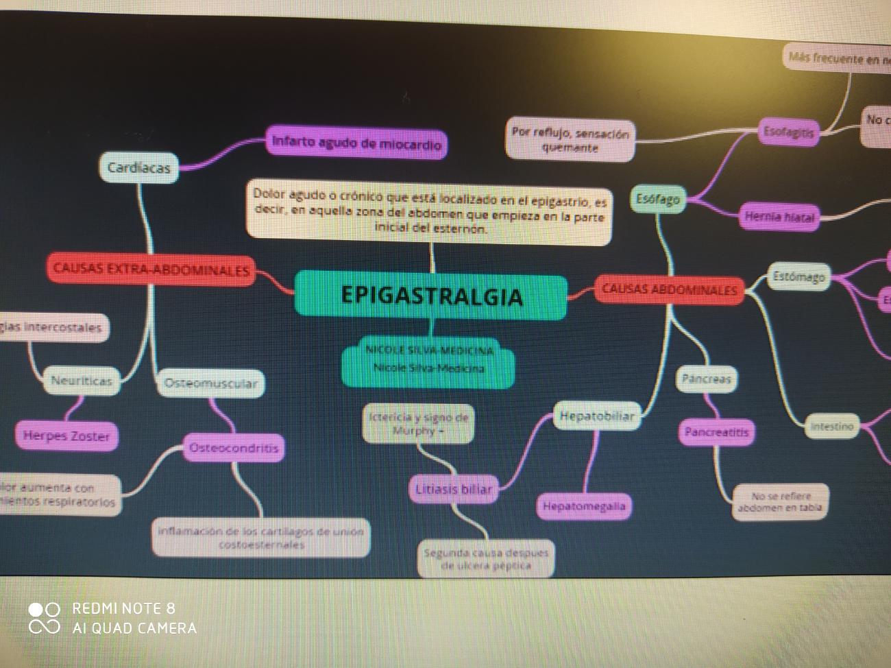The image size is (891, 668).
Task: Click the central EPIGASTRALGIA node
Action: [x=431, y=296]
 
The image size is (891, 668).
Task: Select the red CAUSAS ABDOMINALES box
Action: [x=669, y=289]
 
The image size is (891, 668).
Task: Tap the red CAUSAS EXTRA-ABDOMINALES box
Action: [x=151, y=270]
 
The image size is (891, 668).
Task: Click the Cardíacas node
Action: [x=138, y=167]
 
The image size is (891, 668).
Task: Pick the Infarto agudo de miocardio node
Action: [x=356, y=143]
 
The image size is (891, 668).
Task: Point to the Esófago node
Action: [x=657, y=199]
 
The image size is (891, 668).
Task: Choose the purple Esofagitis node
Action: [x=789, y=132]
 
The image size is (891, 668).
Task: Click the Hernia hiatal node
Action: [x=779, y=217]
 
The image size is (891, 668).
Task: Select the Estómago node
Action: [x=798, y=277]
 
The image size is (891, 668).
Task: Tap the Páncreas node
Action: [x=707, y=379]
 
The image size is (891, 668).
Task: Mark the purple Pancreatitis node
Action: [x=717, y=432]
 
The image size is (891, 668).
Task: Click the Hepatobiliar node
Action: [x=596, y=416]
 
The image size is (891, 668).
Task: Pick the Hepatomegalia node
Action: [x=584, y=506]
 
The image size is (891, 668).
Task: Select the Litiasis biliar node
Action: [x=454, y=489]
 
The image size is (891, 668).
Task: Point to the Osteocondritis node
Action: [x=234, y=448]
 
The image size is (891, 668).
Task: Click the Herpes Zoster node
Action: [x=66, y=436]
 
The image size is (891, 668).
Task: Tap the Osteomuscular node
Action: [x=210, y=383]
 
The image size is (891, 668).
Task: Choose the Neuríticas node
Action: [x=82, y=381]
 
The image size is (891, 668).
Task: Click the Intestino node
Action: [x=831, y=426]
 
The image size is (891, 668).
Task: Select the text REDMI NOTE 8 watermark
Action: [x=123, y=608]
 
